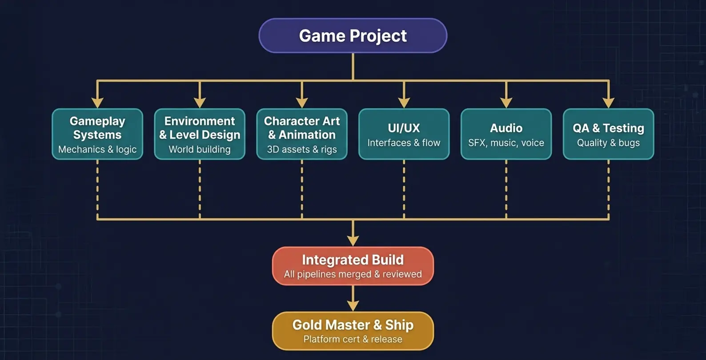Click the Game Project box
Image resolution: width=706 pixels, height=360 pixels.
(353, 36)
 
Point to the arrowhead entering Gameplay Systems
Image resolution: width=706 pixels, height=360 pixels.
(97, 103)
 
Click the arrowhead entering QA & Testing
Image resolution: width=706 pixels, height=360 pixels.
(608, 103)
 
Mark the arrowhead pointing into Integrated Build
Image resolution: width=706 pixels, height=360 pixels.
(353, 240)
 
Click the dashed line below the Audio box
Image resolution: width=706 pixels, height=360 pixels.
(506, 189)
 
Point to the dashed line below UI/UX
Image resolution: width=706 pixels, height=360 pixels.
(404, 189)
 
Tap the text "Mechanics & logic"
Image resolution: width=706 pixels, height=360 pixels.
(97, 149)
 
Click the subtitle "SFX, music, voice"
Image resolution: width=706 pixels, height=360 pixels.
(506, 143)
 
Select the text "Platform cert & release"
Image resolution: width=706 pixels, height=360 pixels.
(353, 339)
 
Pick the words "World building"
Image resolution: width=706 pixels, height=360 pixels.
(200, 149)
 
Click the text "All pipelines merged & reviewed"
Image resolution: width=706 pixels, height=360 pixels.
(353, 274)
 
